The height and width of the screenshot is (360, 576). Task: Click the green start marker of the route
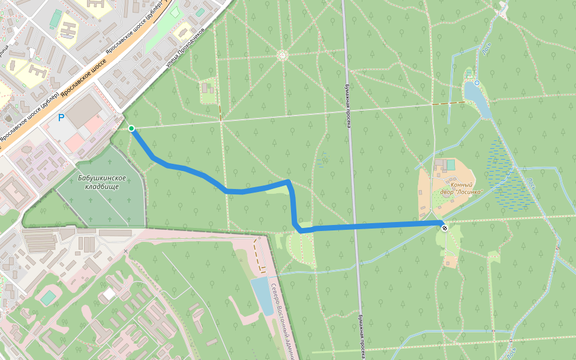pyautogui.click(x=131, y=128)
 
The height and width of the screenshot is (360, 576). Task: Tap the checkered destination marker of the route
pyautogui.click(x=445, y=227)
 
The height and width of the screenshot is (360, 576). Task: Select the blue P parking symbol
pyautogui.click(x=61, y=118)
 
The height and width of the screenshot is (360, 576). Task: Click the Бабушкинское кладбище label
pyautogui.click(x=101, y=182)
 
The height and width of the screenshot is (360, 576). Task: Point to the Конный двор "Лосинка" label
pyautogui.click(x=460, y=188)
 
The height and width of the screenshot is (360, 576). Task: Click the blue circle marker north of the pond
pyautogui.click(x=477, y=82)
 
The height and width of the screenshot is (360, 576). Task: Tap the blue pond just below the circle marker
pyautogui.click(x=477, y=99)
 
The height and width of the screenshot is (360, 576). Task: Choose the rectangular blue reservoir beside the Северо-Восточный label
pyautogui.click(x=263, y=296)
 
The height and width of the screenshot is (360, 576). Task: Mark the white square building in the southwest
pyautogui.click(x=109, y=295)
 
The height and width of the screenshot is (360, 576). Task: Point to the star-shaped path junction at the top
pyautogui.click(x=282, y=55)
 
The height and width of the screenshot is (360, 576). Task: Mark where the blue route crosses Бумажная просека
pyautogui.click(x=355, y=226)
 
